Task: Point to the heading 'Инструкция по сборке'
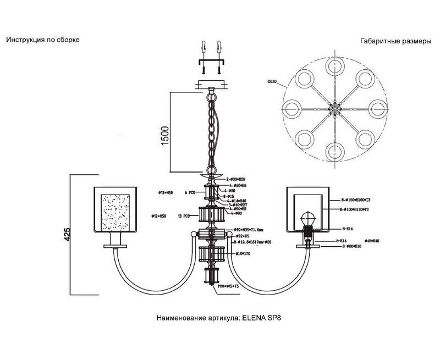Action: (43, 40)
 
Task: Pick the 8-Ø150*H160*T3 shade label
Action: (358, 200)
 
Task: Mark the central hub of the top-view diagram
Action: (334, 109)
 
